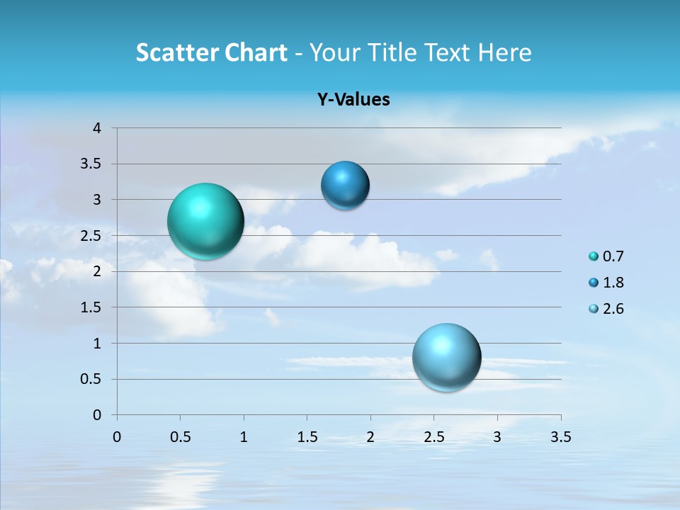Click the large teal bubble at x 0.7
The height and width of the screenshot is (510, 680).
point(205,221)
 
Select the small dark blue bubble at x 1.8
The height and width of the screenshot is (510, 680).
point(345,186)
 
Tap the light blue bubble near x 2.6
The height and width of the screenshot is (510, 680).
point(446,357)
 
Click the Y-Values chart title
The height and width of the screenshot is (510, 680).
point(353,100)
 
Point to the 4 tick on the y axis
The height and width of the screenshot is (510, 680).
point(97,128)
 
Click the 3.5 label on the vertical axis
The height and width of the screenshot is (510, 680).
point(90,164)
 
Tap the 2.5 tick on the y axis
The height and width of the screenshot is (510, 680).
point(90,236)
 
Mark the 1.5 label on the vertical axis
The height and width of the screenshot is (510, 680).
point(90,307)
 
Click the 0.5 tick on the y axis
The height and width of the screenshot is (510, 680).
point(90,379)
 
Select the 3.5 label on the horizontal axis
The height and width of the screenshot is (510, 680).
point(560,436)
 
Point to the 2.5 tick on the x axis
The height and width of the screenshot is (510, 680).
point(433,436)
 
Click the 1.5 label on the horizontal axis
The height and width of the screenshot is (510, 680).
point(307,436)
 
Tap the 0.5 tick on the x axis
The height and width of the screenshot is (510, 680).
point(180,436)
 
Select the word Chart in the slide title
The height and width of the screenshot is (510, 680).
point(256,52)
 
